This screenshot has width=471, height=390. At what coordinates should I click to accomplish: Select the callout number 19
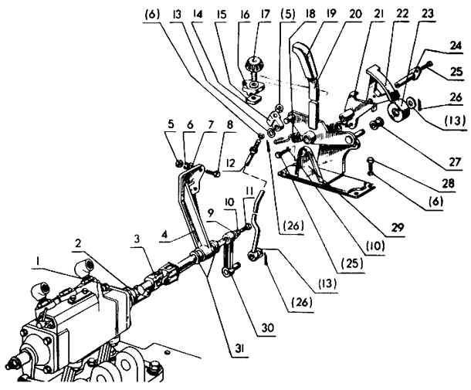[x=331, y=15]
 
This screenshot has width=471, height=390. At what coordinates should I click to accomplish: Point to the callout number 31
[x=239, y=348]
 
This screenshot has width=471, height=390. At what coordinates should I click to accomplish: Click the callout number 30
[x=267, y=327]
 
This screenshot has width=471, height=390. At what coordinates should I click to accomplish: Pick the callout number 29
[x=397, y=228]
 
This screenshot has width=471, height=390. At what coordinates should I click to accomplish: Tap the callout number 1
[x=38, y=263]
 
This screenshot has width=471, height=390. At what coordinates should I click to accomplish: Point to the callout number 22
[x=403, y=14]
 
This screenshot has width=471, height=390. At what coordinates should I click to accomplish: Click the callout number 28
[x=448, y=183]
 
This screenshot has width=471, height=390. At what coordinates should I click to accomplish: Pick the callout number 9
[x=211, y=213]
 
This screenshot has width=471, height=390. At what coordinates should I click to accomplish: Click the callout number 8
[x=230, y=124]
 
